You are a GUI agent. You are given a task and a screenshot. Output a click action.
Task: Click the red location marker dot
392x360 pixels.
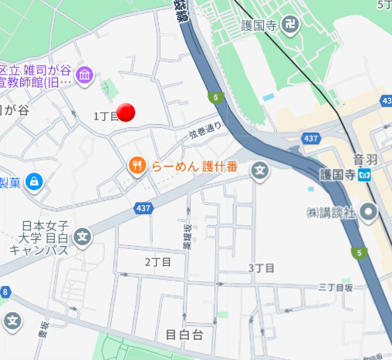[x=127, y=113]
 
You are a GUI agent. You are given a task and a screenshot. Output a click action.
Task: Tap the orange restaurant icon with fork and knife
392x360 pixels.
[x=137, y=165]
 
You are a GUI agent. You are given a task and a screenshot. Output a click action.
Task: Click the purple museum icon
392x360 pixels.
[x=85, y=76]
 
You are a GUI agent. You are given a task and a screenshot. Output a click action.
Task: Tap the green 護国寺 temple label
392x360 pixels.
[x=259, y=25]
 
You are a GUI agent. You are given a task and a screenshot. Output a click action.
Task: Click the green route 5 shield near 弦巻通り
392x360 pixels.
[x=216, y=97]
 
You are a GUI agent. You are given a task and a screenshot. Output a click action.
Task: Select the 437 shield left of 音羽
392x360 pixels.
[x=312, y=139]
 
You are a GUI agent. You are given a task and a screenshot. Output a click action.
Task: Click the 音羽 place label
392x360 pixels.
[x=364, y=159]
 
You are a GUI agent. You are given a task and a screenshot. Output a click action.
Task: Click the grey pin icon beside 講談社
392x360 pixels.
[x=370, y=210]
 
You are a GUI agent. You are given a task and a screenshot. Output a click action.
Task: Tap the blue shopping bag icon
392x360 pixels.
[x=34, y=182]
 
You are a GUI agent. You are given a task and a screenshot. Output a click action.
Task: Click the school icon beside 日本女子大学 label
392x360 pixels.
[x=83, y=237]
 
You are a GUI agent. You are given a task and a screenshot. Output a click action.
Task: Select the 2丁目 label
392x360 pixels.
[x=158, y=262]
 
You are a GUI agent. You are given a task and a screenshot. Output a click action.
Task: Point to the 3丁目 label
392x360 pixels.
[x=261, y=267]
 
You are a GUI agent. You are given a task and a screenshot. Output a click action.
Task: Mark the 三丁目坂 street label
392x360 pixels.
[x=336, y=287]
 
